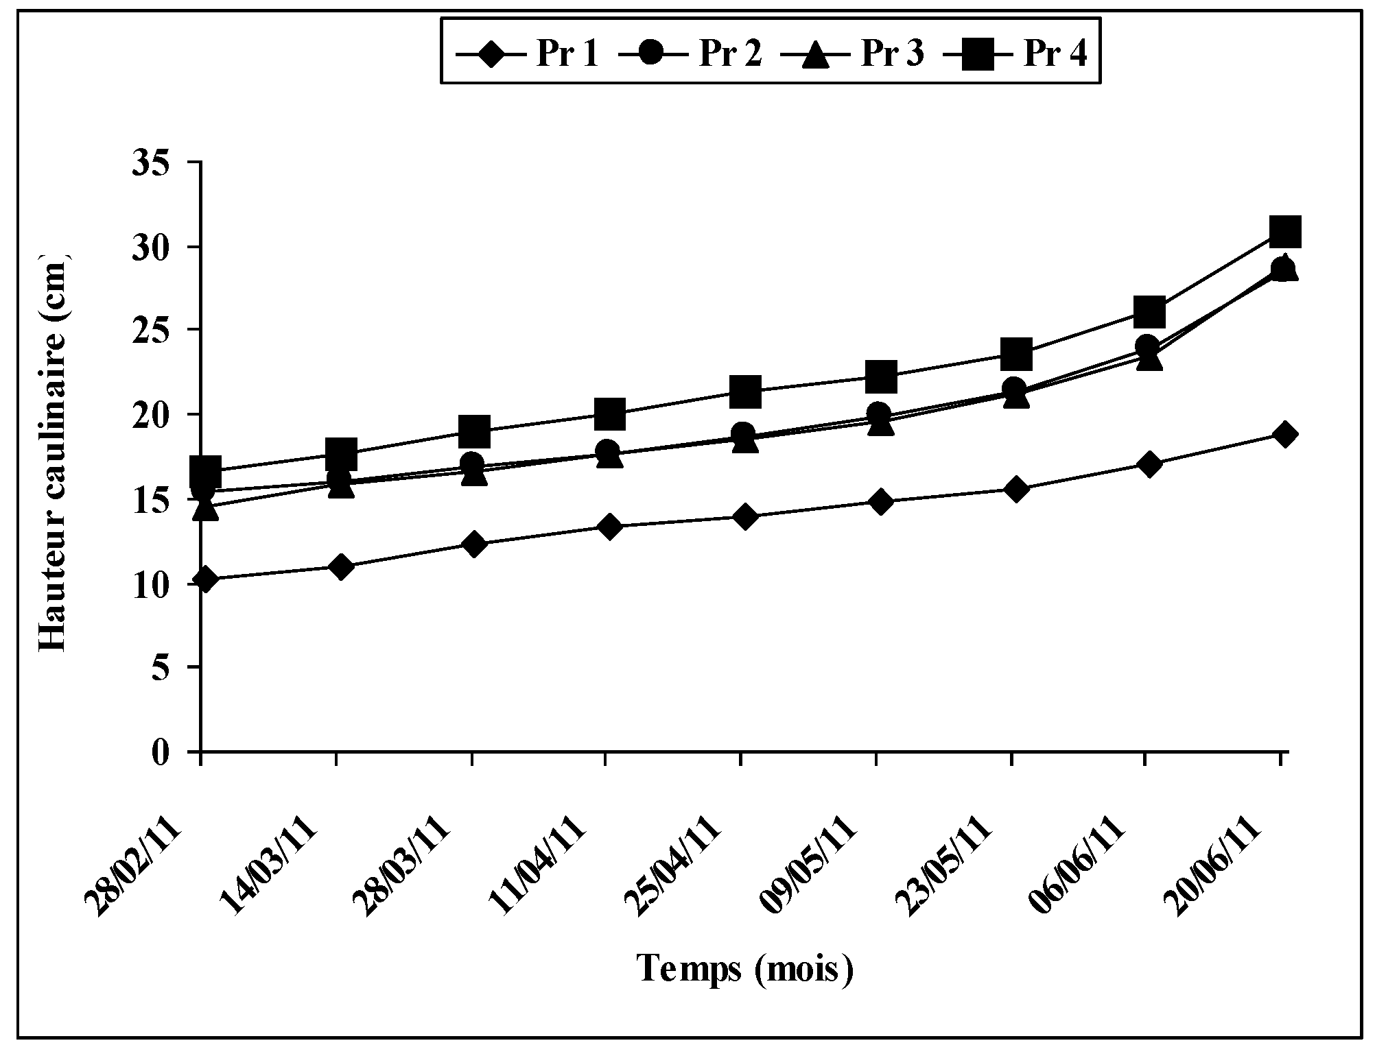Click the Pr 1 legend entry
pos(528,53)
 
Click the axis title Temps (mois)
pos(746,969)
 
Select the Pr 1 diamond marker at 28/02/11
pos(204,579)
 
